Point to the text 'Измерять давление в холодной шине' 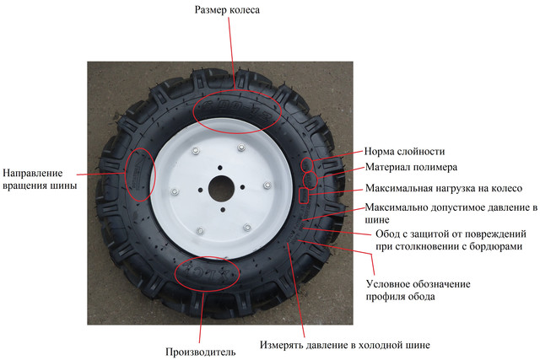pyautogui.click(x=344, y=345)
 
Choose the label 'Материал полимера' pyautogui.click(x=411, y=166)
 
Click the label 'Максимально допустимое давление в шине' pyautogui.click(x=451, y=213)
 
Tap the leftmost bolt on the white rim pyautogui.click(x=175, y=189)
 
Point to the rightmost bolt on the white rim pyautogui.click(x=267, y=184)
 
